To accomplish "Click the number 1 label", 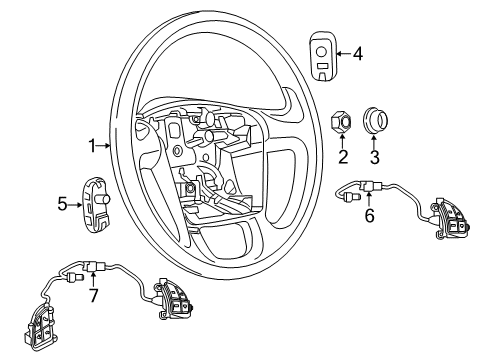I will click(92, 146).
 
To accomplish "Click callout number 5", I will click(62, 205).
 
